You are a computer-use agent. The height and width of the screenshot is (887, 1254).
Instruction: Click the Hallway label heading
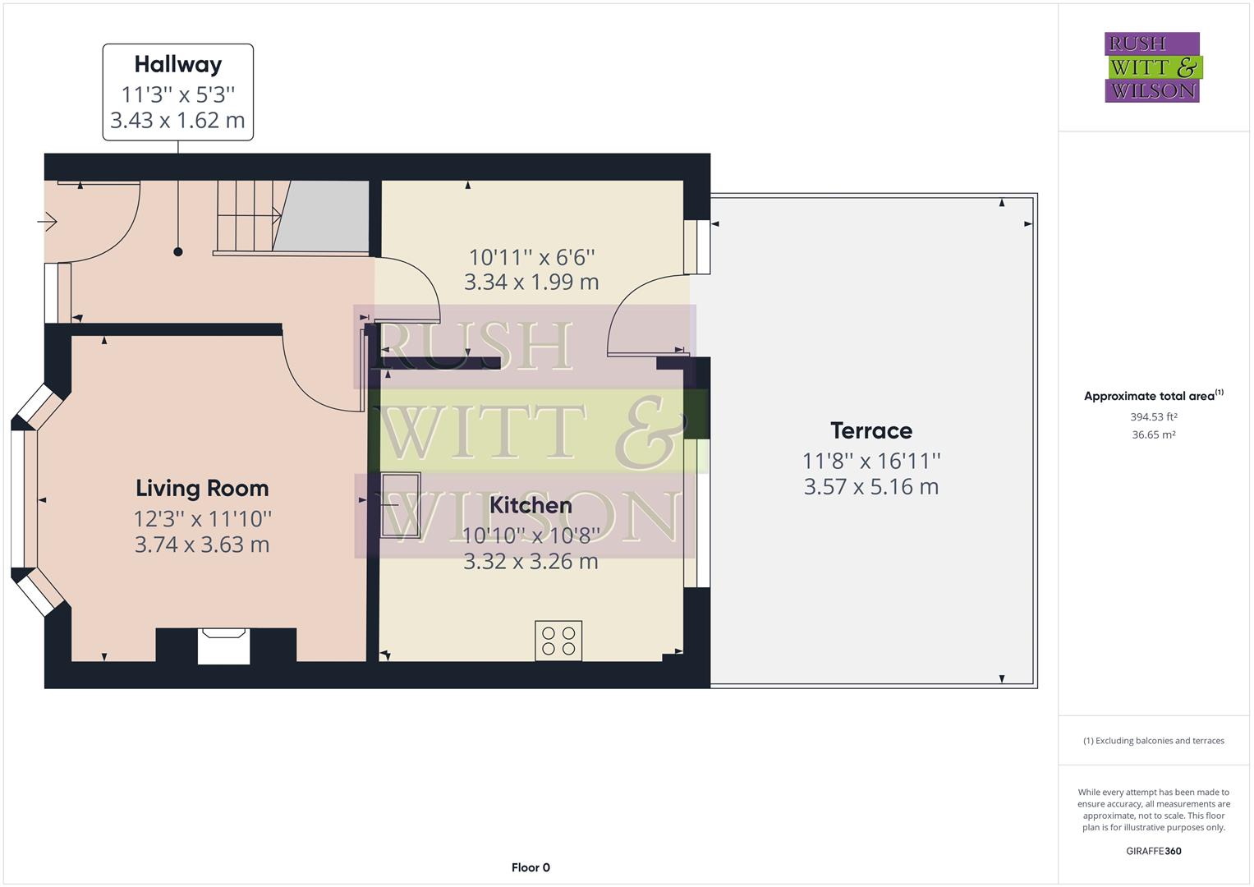point(177,64)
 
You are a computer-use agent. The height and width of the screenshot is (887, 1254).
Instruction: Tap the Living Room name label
point(202,489)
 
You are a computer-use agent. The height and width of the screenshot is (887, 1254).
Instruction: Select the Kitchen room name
point(531,505)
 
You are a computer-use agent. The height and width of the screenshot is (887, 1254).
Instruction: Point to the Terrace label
point(870,430)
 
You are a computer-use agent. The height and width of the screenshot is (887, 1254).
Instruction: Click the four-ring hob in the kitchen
point(558,641)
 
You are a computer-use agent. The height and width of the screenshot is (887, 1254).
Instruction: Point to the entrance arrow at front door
point(47,222)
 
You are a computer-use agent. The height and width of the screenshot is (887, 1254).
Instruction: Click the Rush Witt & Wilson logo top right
point(1152,67)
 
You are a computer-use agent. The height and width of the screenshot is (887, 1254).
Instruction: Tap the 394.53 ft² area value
point(1153,417)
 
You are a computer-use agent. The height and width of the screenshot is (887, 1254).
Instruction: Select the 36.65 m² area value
point(1153,435)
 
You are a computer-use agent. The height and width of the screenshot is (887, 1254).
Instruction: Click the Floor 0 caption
point(531,867)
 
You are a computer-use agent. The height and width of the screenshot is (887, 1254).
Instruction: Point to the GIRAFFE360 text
point(1153,851)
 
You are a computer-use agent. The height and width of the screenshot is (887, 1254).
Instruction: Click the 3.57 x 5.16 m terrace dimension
point(870,487)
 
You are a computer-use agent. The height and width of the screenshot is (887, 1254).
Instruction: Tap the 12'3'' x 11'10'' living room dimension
point(202,519)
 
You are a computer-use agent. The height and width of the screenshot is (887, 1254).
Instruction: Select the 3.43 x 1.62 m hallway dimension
point(177,121)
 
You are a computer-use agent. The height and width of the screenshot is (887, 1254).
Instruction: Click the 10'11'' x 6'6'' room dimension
point(531,257)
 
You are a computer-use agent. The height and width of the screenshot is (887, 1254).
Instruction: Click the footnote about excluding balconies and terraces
point(1153,741)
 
